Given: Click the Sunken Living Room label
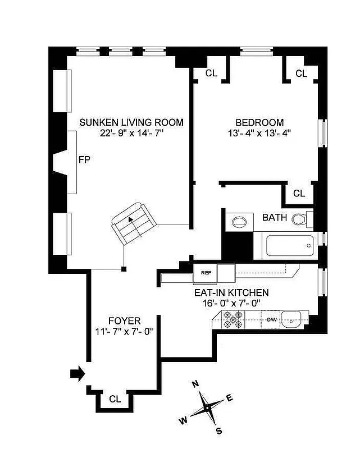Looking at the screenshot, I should (131, 122).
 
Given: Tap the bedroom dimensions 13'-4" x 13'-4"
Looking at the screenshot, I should (259, 134).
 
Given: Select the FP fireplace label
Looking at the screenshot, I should (84, 160).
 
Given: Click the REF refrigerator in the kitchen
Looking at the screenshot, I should (206, 273).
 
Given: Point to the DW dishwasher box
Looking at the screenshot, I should (272, 320).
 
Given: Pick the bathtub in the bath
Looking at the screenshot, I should (285, 245).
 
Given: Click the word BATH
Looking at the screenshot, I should (275, 218).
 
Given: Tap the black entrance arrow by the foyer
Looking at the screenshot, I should (76, 372).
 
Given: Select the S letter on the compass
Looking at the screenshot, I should (219, 431).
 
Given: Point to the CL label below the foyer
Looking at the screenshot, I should (115, 400).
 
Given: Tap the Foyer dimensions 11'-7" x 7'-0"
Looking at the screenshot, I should (125, 331).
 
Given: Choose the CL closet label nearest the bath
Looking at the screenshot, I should (299, 194).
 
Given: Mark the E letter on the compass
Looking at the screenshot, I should (229, 397).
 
